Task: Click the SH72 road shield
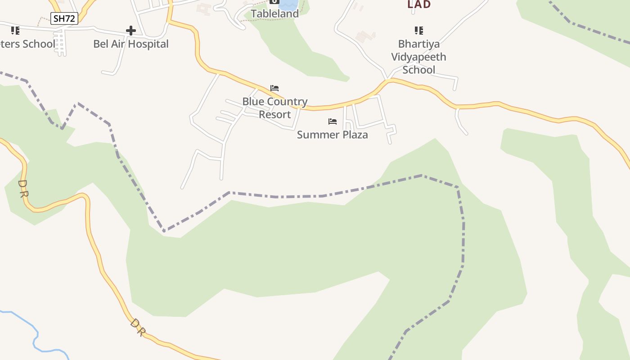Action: coord(64,18)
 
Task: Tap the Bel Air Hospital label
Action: coord(131,44)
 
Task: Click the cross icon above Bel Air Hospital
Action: coord(131,31)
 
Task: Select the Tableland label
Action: coord(274,14)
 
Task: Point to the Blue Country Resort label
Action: coord(275,108)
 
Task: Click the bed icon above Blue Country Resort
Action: coord(274,88)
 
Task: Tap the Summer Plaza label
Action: coord(333,135)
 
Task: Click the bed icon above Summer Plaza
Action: coord(333,121)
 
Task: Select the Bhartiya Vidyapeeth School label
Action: coord(418,57)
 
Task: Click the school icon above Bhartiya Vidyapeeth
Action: coord(419,31)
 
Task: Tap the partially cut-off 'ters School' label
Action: coord(28,44)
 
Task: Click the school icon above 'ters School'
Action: coord(15,31)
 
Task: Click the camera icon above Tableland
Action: coord(274,1)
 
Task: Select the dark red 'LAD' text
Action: coord(419,4)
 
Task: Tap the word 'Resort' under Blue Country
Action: coord(275,114)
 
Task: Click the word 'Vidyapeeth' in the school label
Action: coord(418,57)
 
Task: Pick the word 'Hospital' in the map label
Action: coord(148,44)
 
